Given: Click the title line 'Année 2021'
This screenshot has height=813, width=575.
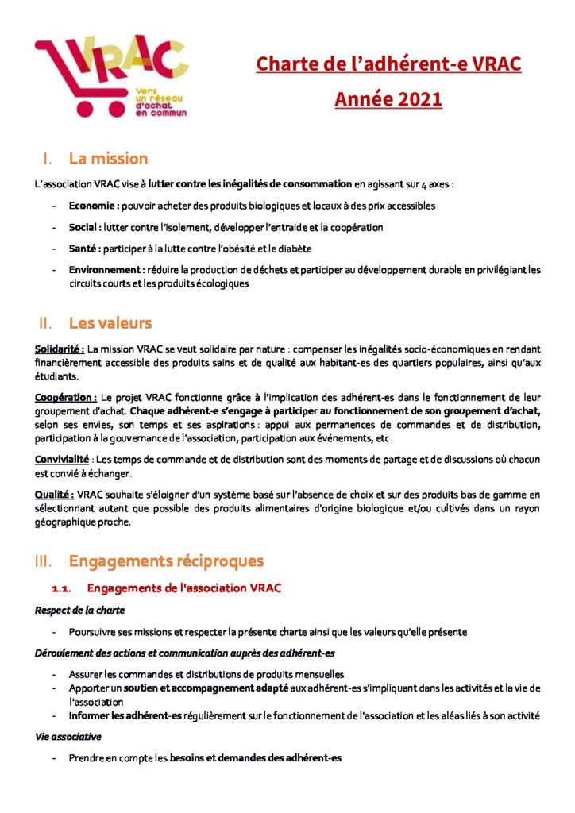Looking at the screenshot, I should tap(388, 100).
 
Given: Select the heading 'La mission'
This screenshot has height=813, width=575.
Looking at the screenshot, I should tap(108, 159).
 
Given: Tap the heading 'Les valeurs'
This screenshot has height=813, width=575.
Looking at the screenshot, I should tap(110, 323).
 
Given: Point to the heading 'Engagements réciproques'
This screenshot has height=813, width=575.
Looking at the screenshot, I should tap(166, 561).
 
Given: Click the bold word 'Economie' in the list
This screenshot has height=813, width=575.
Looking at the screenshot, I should tap(93, 206).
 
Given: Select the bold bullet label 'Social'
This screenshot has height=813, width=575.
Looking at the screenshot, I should tap(83, 227).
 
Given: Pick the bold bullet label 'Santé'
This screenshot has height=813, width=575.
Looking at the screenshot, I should tap(83, 249).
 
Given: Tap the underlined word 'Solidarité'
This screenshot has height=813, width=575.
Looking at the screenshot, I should tap(59, 349).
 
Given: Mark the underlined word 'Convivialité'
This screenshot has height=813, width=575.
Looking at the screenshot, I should tap(60, 459).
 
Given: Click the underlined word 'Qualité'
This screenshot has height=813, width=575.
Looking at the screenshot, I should tap(53, 494).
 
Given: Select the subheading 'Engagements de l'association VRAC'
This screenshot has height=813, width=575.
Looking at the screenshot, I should tap(184, 588).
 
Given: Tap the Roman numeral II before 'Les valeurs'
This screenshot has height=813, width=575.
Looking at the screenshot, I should tap(44, 323).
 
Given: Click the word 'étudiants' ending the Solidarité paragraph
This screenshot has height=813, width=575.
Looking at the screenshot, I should tap(57, 376).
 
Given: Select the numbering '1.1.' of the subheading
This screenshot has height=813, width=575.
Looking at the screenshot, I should tap(62, 588).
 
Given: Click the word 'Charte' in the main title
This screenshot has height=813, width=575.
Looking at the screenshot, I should tap(284, 64).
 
